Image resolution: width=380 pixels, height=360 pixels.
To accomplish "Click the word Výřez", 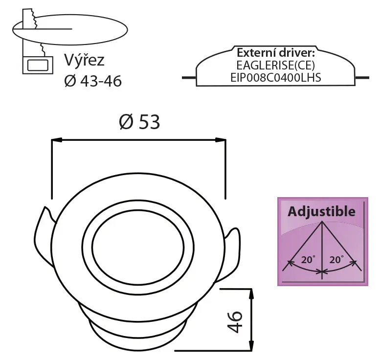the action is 84,60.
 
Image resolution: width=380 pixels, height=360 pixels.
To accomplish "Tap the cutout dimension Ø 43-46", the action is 93,81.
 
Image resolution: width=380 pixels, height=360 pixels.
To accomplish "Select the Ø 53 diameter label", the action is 139,122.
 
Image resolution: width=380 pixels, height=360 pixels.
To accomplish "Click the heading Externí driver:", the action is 276,52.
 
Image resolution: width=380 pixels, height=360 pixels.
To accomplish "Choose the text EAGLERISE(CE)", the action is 275,65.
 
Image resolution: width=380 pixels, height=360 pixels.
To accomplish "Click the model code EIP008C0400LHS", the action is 275,78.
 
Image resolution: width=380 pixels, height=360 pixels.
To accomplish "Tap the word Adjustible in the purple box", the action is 322,211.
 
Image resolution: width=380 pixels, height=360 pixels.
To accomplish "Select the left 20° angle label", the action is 308,260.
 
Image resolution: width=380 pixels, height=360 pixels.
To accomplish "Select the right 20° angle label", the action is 336,260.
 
